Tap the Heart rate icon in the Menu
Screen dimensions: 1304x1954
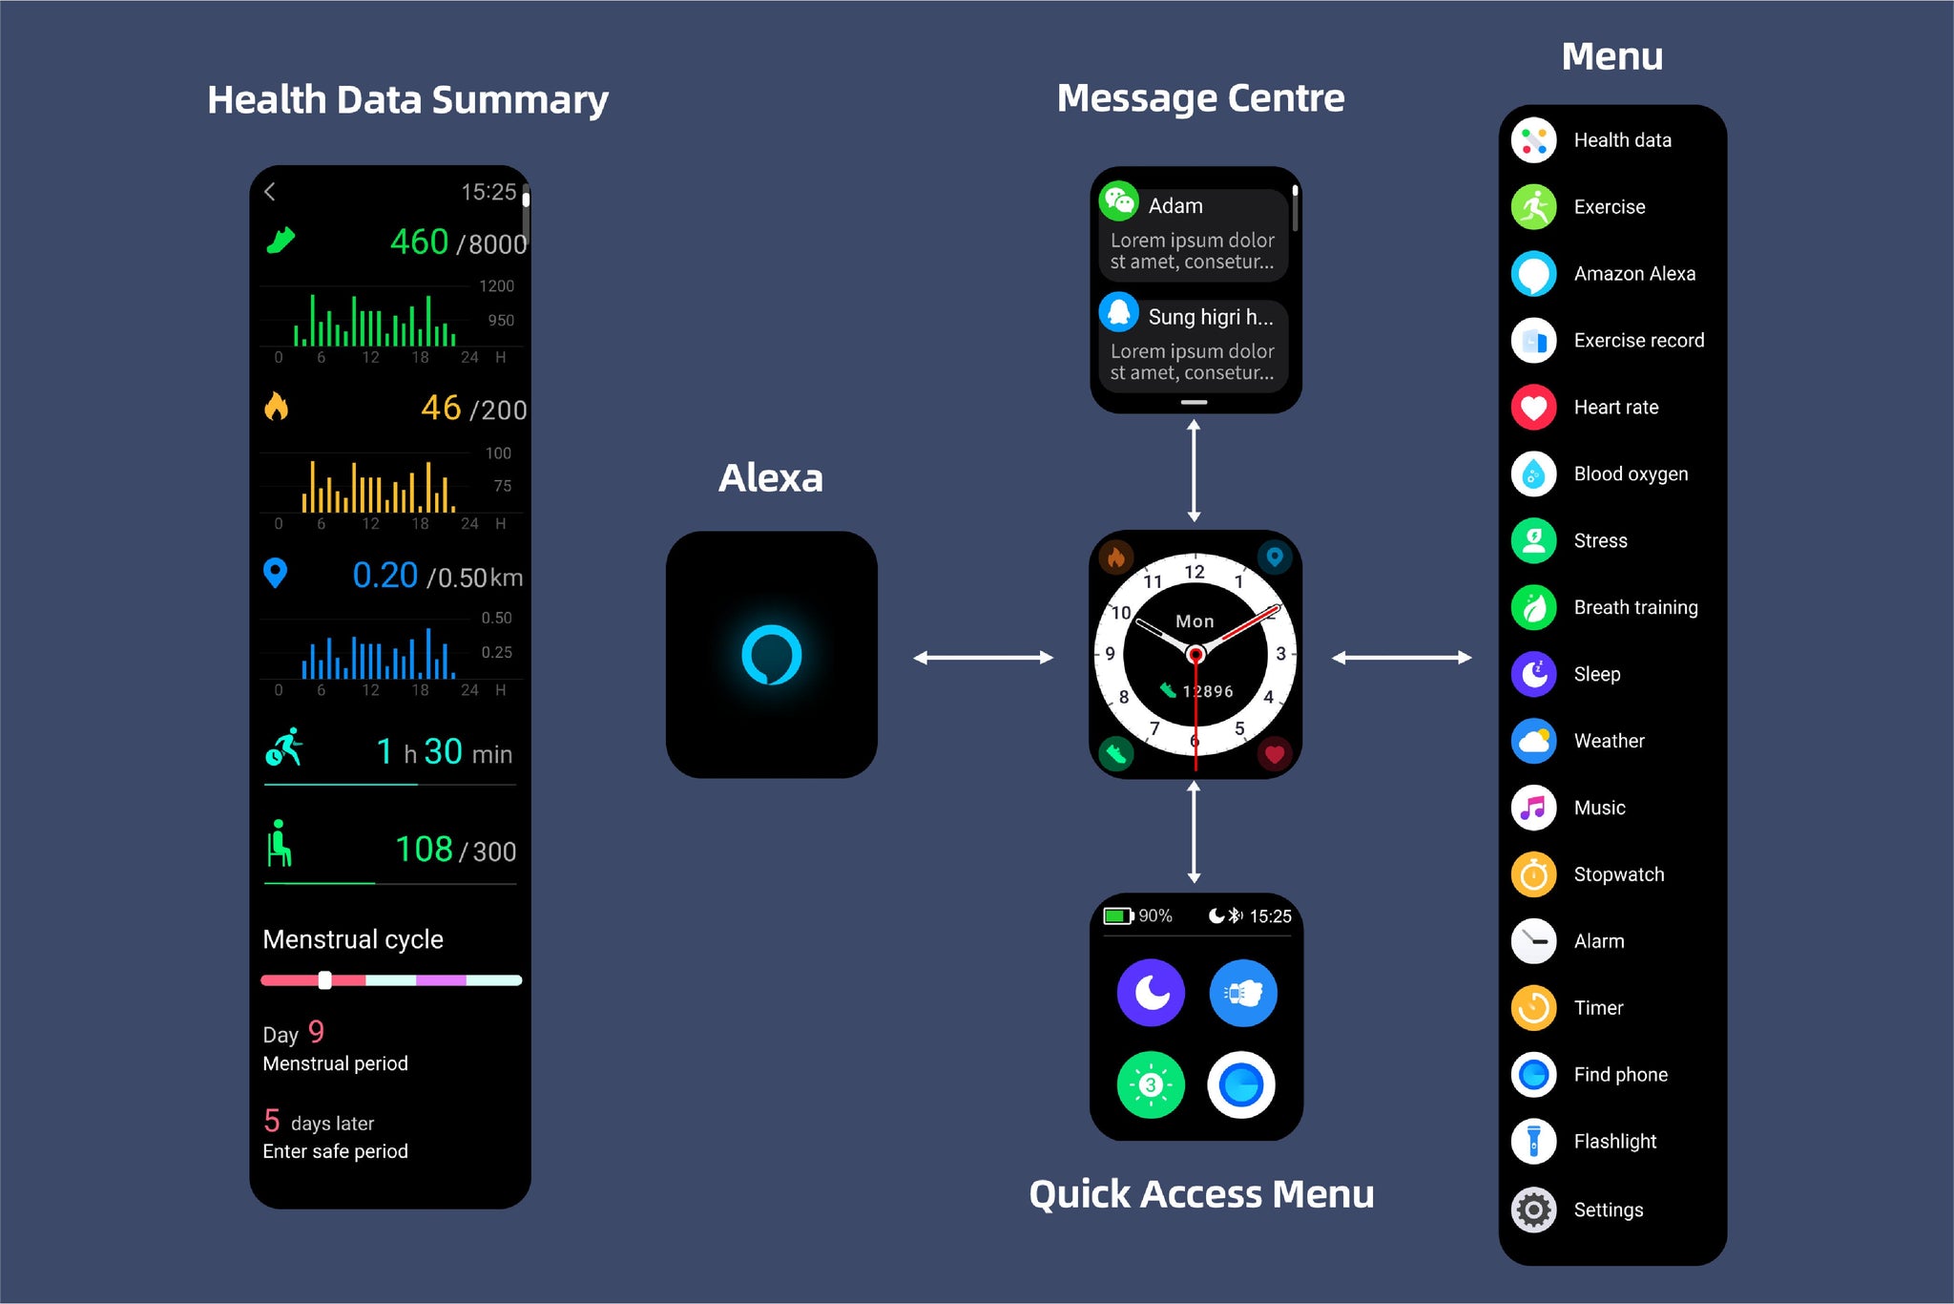1533,408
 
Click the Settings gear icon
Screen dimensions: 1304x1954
1533,1210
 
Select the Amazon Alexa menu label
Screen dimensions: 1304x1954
1634,274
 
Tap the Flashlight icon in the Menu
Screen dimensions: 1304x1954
1533,1142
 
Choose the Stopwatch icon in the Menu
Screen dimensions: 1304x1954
1533,874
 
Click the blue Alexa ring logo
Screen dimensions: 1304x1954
771,655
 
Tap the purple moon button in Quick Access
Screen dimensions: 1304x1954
1151,993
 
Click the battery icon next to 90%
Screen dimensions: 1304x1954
1117,916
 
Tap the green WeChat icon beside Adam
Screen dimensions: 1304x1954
1118,201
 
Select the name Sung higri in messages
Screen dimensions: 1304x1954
1210,317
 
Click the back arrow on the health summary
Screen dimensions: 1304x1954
270,192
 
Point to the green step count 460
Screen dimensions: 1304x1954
419,242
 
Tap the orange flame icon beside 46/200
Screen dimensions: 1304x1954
276,407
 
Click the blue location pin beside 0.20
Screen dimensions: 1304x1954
275,573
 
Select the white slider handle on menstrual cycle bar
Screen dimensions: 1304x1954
324,980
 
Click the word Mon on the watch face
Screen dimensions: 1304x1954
1195,621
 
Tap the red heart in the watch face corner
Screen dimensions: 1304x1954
1273,755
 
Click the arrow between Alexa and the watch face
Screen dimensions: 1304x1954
983,658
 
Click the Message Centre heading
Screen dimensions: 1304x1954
1200,98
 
